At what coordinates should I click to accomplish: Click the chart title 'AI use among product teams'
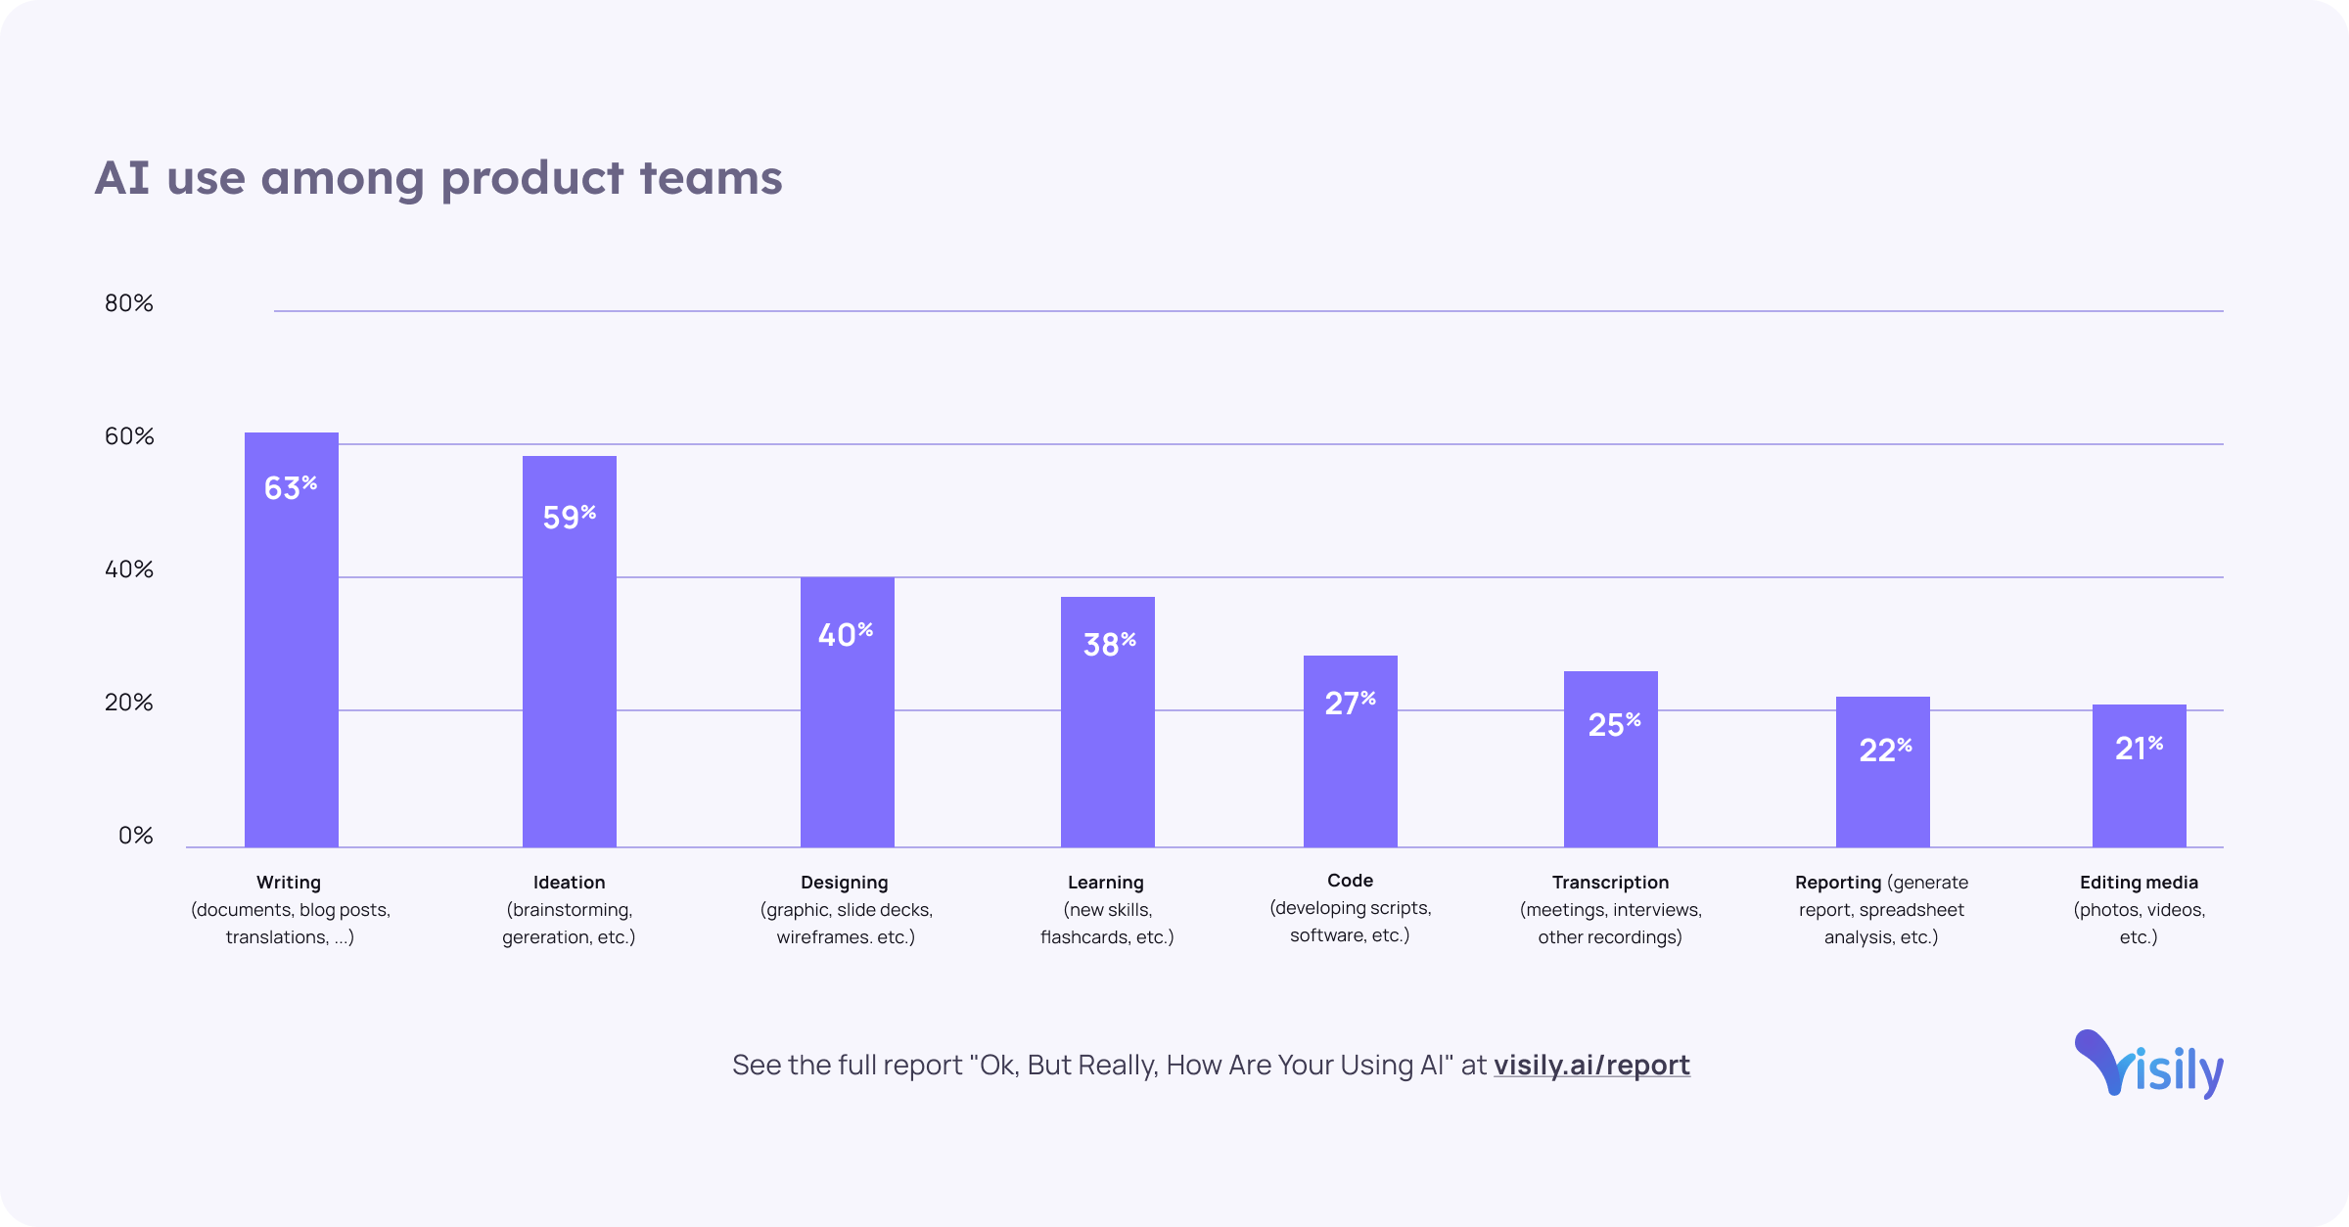point(438,178)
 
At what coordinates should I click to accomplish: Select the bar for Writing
point(291,665)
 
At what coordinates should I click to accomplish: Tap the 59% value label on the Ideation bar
point(569,517)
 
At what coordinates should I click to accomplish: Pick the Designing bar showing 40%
point(847,724)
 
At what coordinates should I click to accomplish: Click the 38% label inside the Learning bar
point(1108,644)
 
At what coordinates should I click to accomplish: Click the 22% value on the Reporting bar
point(1884,750)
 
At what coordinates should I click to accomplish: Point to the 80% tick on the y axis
point(129,303)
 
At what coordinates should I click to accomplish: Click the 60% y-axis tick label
point(129,436)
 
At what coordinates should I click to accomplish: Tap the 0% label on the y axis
point(135,836)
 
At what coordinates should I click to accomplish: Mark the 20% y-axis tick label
point(129,703)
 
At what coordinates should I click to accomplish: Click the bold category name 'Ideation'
point(569,883)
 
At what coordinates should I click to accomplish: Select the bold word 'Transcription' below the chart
point(1610,883)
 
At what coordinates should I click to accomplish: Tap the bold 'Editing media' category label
point(2139,883)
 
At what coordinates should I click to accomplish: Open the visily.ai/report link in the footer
point(1591,1065)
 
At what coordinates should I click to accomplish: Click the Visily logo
point(2148,1065)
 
